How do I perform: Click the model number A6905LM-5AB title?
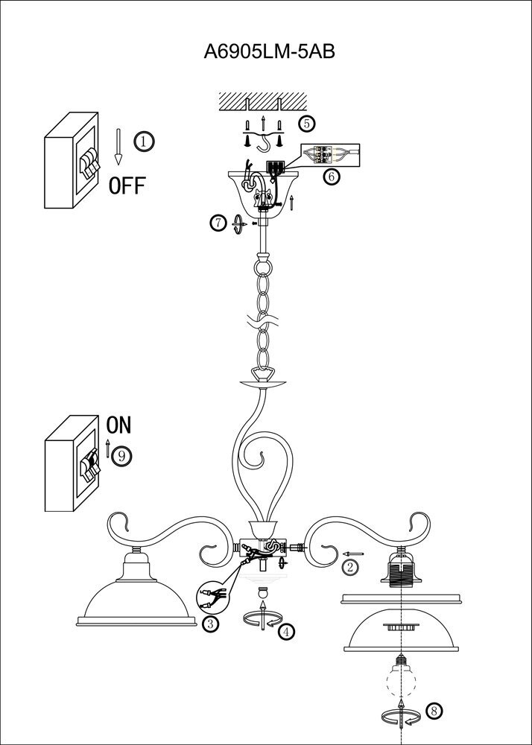[x=266, y=52]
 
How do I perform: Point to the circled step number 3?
[x=212, y=624]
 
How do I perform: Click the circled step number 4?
[x=285, y=631]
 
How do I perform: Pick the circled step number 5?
[x=307, y=123]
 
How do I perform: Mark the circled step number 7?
[x=218, y=223]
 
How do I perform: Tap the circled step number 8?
[x=434, y=712]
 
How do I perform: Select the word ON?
[x=119, y=425]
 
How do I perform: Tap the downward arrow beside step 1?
[x=118, y=146]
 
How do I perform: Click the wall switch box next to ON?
[x=73, y=472]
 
